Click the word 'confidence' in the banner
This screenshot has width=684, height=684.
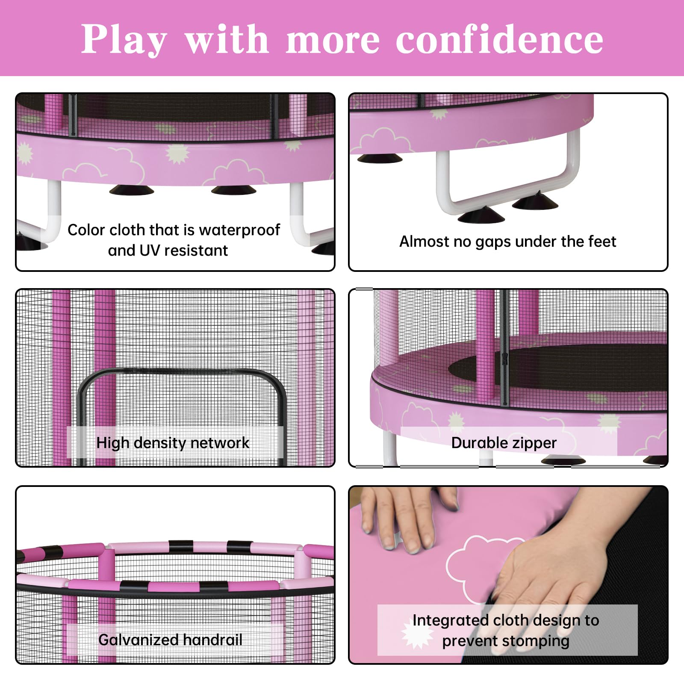point(499,39)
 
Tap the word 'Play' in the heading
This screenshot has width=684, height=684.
point(124,40)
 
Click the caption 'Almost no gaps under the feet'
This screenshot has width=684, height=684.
point(507,242)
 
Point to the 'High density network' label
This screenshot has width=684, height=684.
point(173,443)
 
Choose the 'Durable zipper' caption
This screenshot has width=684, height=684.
point(504,443)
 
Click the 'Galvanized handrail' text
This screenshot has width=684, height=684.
point(170,640)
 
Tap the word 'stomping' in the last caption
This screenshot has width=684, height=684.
point(536,641)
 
